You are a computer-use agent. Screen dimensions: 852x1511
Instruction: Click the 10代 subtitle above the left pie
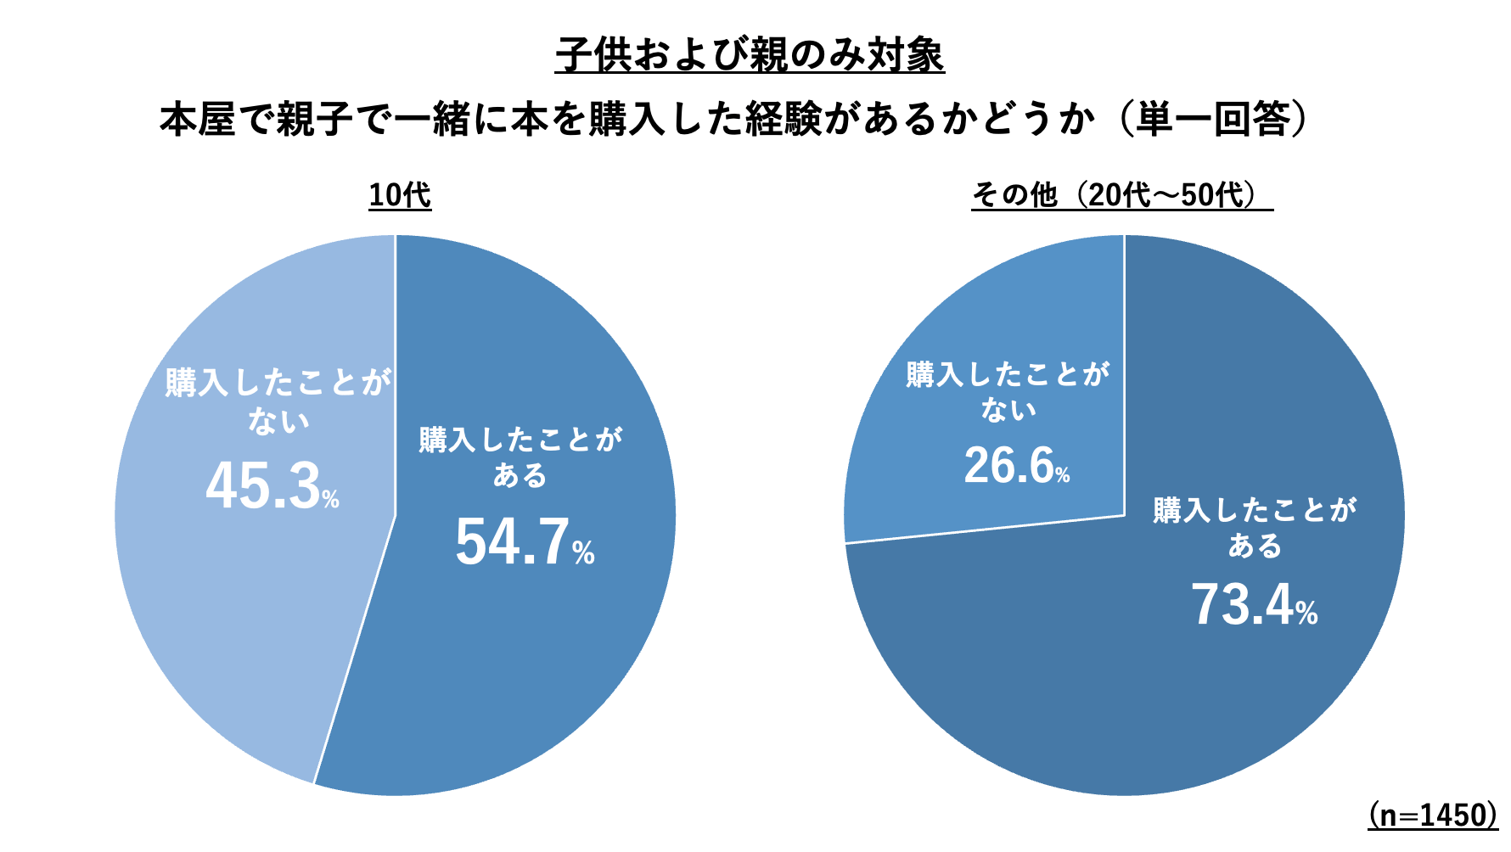[x=400, y=195]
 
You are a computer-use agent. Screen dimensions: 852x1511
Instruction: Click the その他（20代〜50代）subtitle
[x=1121, y=195]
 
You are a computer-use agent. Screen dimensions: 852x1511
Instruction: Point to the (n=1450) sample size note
[x=1432, y=815]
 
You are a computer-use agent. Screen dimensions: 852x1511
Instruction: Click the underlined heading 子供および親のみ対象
[x=750, y=55]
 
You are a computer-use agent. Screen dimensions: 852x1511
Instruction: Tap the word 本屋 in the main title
[x=197, y=120]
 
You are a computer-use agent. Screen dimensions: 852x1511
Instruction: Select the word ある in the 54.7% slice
[x=520, y=475]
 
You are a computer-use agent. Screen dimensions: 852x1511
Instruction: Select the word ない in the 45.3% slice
[x=278, y=421]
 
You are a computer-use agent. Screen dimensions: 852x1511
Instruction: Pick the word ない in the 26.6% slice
[x=1008, y=410]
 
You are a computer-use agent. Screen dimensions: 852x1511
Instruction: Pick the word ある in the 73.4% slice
[x=1255, y=546]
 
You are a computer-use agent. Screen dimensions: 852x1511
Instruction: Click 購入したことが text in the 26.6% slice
[x=1008, y=374]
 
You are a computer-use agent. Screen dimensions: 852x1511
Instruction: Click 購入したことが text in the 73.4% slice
[x=1255, y=510]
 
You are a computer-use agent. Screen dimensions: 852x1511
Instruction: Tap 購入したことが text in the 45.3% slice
[x=278, y=383]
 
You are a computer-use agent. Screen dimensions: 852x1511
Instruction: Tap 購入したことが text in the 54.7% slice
[x=520, y=440]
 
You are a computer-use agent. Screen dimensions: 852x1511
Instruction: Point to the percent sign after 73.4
[x=1307, y=614]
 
